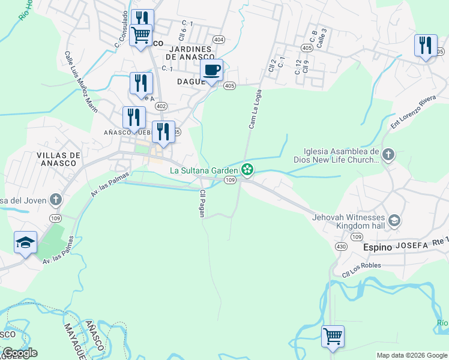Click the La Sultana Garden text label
pyautogui.click(x=204, y=170)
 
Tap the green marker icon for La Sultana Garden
pyautogui.click(x=247, y=170)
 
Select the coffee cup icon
pyautogui.click(x=211, y=71)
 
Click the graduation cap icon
pyautogui.click(x=26, y=243)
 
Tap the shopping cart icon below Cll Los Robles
pyautogui.click(x=333, y=336)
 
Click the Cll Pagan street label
pyautogui.click(x=202, y=204)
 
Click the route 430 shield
pyautogui.click(x=341, y=247)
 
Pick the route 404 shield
pyautogui.click(x=218, y=40)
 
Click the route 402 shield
pyautogui.click(x=160, y=106)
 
